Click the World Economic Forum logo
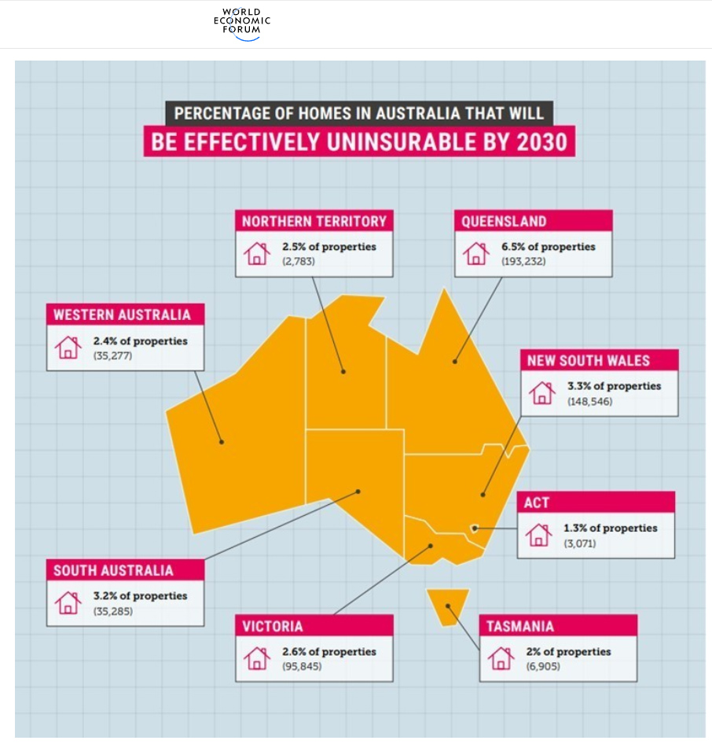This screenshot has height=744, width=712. pyautogui.click(x=241, y=24)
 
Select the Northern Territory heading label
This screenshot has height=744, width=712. pyautogui.click(x=314, y=221)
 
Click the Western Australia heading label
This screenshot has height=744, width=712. pyautogui.click(x=122, y=315)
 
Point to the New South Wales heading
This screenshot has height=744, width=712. pyautogui.click(x=588, y=360)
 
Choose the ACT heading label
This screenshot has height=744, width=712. pyautogui.click(x=538, y=502)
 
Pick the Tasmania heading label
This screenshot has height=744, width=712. pyautogui.click(x=520, y=626)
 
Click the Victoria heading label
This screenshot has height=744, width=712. pyautogui.click(x=273, y=626)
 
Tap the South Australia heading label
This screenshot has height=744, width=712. pyautogui.click(x=113, y=570)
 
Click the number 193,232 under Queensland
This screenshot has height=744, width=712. pyautogui.click(x=523, y=261)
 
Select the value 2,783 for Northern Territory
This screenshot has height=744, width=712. pyautogui.click(x=299, y=261)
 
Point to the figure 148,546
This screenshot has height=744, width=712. pyautogui.click(x=589, y=401)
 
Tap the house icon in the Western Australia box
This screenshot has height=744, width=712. pyautogui.click(x=68, y=347)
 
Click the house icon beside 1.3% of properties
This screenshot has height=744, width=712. pyautogui.click(x=538, y=534)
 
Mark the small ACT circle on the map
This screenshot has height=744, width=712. pyautogui.click(x=474, y=528)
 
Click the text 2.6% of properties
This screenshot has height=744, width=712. pyautogui.click(x=329, y=651)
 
